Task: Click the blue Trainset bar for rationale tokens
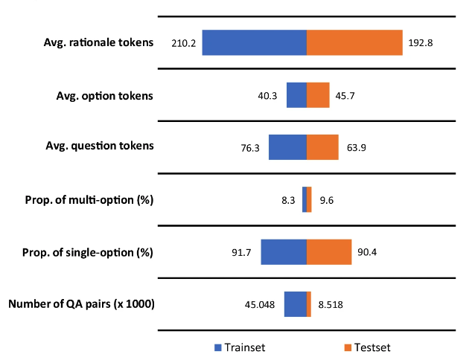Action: (x=255, y=42)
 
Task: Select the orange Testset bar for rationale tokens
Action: (x=354, y=42)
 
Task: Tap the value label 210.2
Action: (x=183, y=43)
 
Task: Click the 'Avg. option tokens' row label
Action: (x=105, y=95)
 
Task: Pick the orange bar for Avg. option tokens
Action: (x=318, y=95)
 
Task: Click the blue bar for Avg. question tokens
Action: (x=287, y=147)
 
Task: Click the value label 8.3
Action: (x=290, y=200)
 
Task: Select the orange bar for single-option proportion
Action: (x=329, y=252)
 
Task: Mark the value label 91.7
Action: (x=242, y=253)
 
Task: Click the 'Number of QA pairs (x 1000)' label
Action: (x=81, y=303)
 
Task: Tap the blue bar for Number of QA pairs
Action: (x=295, y=304)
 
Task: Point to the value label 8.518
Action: (x=331, y=305)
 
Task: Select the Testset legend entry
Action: (x=367, y=347)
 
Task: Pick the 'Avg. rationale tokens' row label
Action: (x=98, y=42)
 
